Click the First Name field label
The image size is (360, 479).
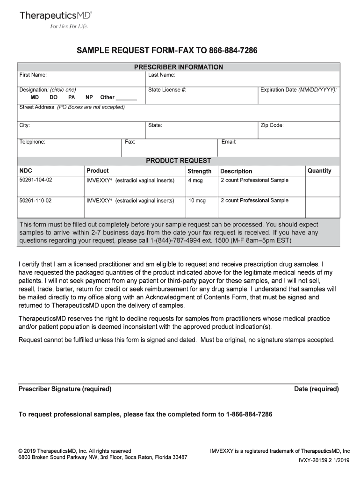33,75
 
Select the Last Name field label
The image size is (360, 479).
162,75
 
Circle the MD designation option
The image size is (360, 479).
35,97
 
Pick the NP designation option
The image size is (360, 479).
89,97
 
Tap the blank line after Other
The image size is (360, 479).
126,98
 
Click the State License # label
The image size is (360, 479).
167,89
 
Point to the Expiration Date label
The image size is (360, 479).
298,89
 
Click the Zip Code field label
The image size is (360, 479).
272,125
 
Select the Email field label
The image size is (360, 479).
229,142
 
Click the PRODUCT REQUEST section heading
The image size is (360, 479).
179,160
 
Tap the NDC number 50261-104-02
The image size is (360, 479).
36,180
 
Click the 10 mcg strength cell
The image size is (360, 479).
197,201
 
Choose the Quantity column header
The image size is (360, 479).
319,171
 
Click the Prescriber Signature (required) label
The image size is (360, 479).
65,389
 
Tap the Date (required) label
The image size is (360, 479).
317,389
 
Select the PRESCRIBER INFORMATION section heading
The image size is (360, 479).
179,67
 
